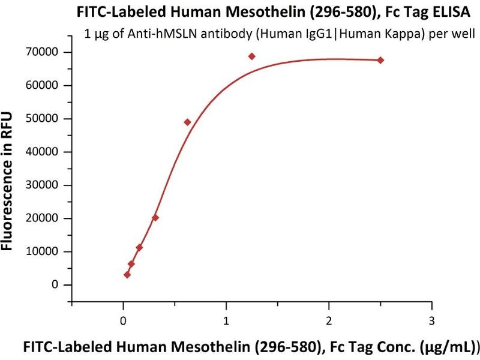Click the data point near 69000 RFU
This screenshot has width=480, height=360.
tap(252, 56)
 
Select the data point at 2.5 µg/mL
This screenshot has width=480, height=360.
tap(380, 60)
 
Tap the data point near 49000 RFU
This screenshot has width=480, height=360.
tap(187, 122)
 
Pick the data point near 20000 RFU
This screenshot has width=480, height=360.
tap(155, 217)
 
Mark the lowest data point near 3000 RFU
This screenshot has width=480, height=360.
tap(127, 275)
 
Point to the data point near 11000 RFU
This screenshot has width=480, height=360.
tap(139, 247)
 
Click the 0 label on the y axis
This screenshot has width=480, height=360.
tap(56, 285)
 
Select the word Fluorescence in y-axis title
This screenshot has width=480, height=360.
tap(10, 200)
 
